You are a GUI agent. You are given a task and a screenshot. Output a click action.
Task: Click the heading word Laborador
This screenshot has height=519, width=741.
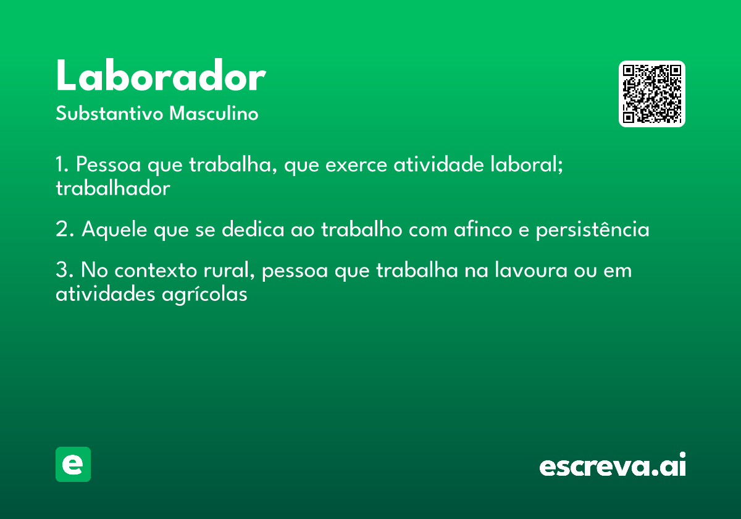coord(161,77)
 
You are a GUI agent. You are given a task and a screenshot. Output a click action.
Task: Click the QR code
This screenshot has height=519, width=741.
coord(652,94)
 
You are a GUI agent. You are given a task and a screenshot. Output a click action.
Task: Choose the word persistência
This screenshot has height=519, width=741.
coord(592,230)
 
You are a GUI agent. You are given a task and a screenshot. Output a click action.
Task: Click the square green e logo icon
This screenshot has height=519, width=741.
coord(73,464)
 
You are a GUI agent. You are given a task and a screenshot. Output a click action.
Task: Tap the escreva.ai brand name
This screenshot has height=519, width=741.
coord(613,465)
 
